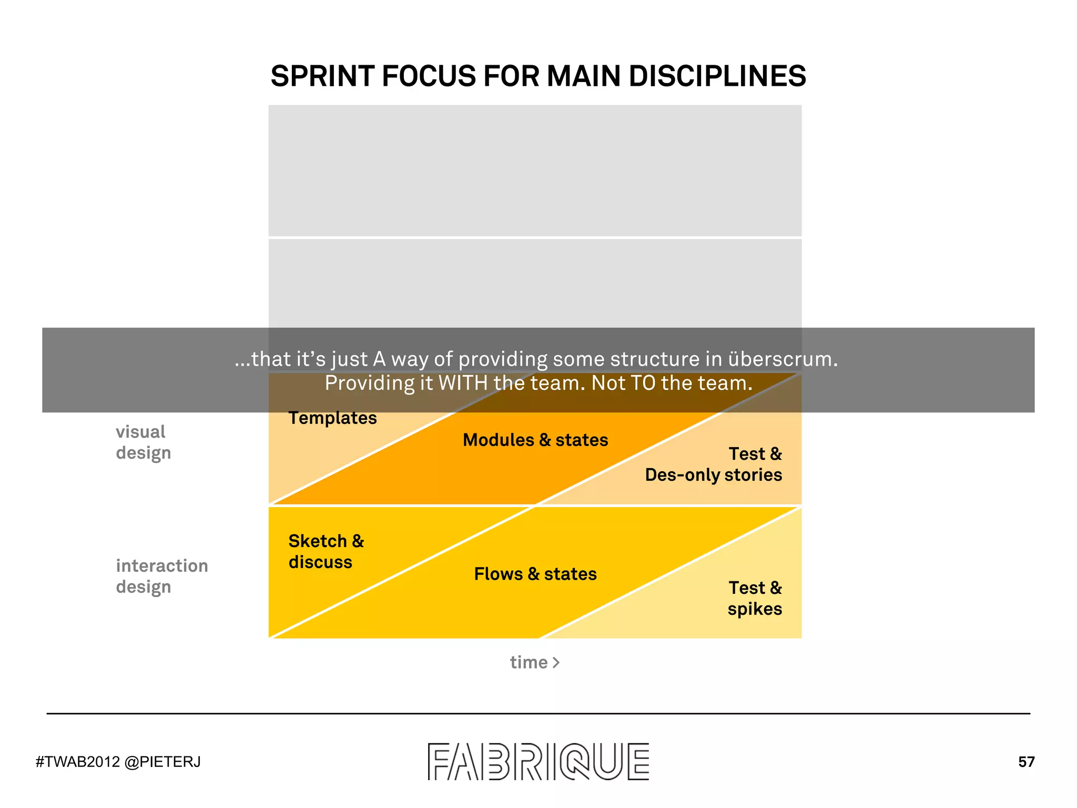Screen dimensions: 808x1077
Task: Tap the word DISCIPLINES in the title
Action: click(717, 76)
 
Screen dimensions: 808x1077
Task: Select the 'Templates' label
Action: click(332, 418)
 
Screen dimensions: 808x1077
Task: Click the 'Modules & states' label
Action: click(535, 440)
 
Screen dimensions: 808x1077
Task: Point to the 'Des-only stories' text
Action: click(713, 474)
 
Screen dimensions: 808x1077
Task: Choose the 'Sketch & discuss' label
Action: click(326, 551)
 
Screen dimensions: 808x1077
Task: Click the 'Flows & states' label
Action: click(535, 573)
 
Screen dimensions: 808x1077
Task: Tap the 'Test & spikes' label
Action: click(755, 598)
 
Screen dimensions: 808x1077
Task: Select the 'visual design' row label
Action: click(143, 442)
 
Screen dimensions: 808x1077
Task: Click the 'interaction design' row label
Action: click(161, 576)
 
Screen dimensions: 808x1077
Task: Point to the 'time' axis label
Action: click(529, 662)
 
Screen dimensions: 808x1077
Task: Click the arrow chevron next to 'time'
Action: click(556, 662)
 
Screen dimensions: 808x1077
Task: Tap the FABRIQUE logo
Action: click(538, 761)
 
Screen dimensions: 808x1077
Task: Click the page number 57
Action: click(1026, 762)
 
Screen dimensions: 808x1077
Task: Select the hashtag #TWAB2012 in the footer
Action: click(78, 762)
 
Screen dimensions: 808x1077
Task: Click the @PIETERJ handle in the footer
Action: click(162, 762)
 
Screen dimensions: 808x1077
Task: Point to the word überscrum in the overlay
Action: click(783, 359)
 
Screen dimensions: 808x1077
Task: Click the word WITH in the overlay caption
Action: click(463, 383)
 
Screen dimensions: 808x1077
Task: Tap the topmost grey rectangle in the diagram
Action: click(535, 170)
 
